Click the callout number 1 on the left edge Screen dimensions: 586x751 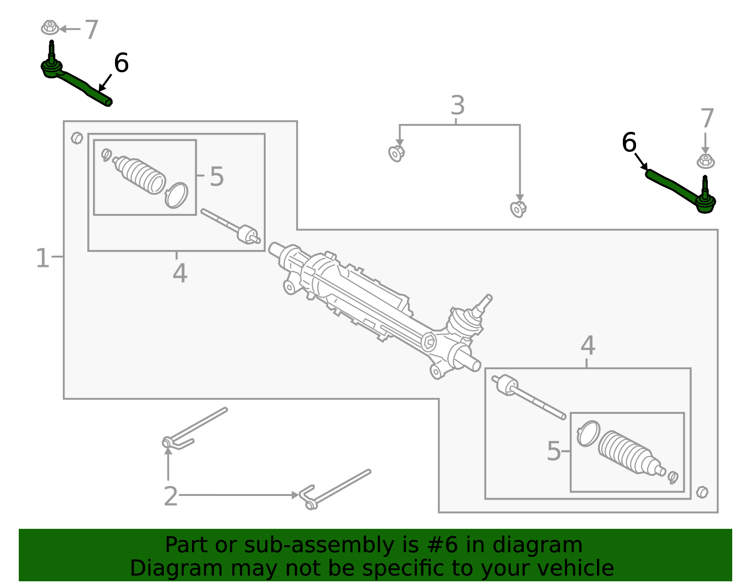pos(42,258)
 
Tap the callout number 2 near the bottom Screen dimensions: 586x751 pos(170,496)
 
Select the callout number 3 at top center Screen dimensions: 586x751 pos(458,106)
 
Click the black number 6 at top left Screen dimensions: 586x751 pos(121,63)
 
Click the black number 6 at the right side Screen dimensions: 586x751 pos(629,143)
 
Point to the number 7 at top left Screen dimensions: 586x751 pos(92,30)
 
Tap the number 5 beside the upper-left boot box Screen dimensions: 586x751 pos(216,177)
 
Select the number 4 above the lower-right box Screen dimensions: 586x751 pos(588,346)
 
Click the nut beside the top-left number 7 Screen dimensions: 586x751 pos(50,28)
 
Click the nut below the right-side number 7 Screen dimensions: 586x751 pos(705,161)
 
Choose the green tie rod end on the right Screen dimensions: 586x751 pos(681,190)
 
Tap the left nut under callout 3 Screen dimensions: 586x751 pos(397,153)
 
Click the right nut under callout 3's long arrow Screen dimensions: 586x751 pos(517,209)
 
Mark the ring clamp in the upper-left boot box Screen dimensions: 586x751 pos(176,195)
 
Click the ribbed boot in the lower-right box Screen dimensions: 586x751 pos(624,452)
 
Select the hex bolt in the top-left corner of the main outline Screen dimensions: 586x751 pos(77,138)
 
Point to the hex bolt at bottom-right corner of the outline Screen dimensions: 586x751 pos(702,492)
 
